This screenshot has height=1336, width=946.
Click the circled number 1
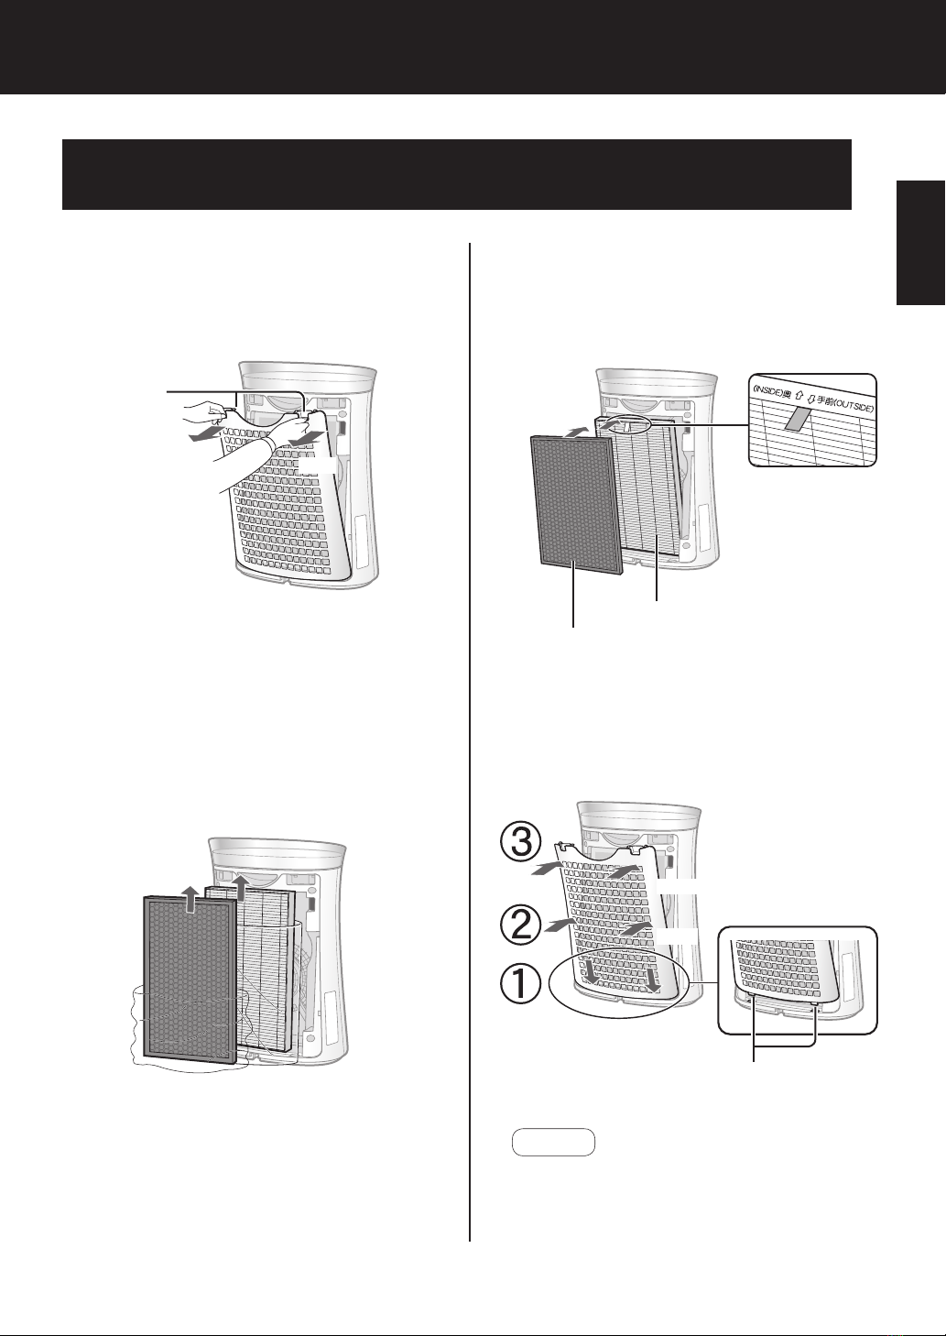pos(520,984)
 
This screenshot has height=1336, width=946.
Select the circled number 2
pos(520,925)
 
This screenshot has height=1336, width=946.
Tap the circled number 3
pos(520,843)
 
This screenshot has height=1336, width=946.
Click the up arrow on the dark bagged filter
pos(189,900)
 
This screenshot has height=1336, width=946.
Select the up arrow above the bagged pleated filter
pos(241,888)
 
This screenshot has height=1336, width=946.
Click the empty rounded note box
pos(554,1142)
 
